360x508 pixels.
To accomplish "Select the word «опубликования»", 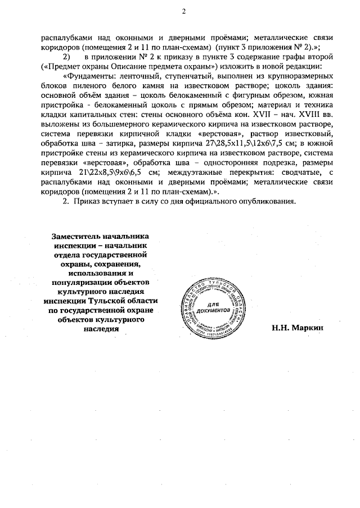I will [279, 202].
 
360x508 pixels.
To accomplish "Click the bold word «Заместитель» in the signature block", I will [77, 237].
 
